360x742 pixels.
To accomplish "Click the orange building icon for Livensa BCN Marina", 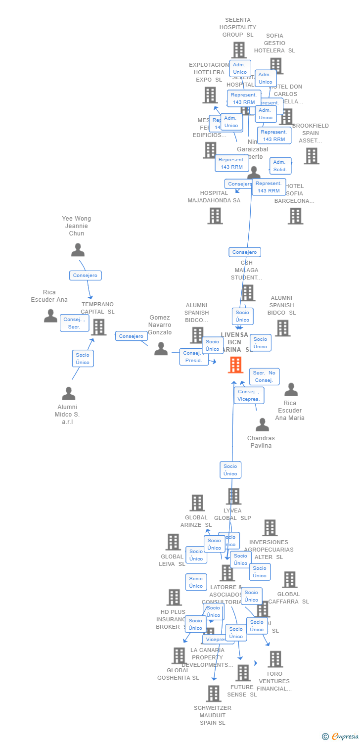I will click(x=235, y=365).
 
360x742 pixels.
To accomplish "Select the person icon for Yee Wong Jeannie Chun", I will click(x=78, y=250).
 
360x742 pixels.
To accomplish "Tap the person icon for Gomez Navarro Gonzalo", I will click(x=161, y=349).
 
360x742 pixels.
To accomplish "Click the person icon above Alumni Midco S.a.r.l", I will click(x=68, y=393).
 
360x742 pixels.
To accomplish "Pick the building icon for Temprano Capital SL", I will click(x=98, y=327).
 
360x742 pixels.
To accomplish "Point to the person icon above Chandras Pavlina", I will click(x=262, y=424).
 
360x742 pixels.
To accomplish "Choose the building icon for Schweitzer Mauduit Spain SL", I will click(x=213, y=694).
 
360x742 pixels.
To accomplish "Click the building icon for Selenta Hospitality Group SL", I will click(x=239, y=50).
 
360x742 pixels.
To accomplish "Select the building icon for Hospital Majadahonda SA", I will click(x=215, y=216).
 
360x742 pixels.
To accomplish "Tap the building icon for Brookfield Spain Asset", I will click(x=311, y=156).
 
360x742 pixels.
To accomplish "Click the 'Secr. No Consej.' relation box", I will click(x=264, y=376).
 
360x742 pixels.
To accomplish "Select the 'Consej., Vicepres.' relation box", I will click(x=249, y=395).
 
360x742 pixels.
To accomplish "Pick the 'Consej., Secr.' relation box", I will click(x=74, y=323).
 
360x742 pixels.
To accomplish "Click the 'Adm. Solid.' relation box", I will click(x=280, y=166).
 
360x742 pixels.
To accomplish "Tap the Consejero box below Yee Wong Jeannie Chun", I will click(x=86, y=276).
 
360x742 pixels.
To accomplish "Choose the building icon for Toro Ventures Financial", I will click(x=275, y=659).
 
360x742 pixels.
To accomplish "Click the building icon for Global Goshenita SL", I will click(x=179, y=655).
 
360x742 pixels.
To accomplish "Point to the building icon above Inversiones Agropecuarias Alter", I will click(x=270, y=528).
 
